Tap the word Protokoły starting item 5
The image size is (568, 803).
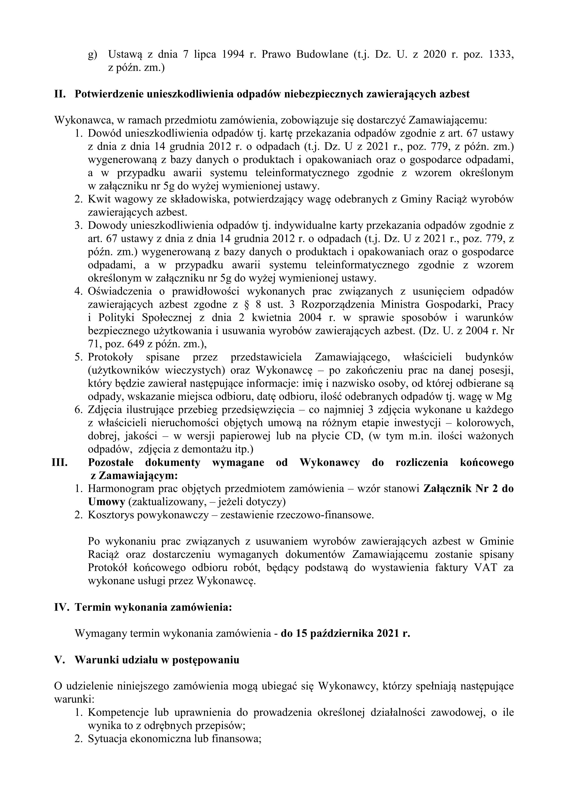pos(111,357)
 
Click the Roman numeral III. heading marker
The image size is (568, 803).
pos(60,462)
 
